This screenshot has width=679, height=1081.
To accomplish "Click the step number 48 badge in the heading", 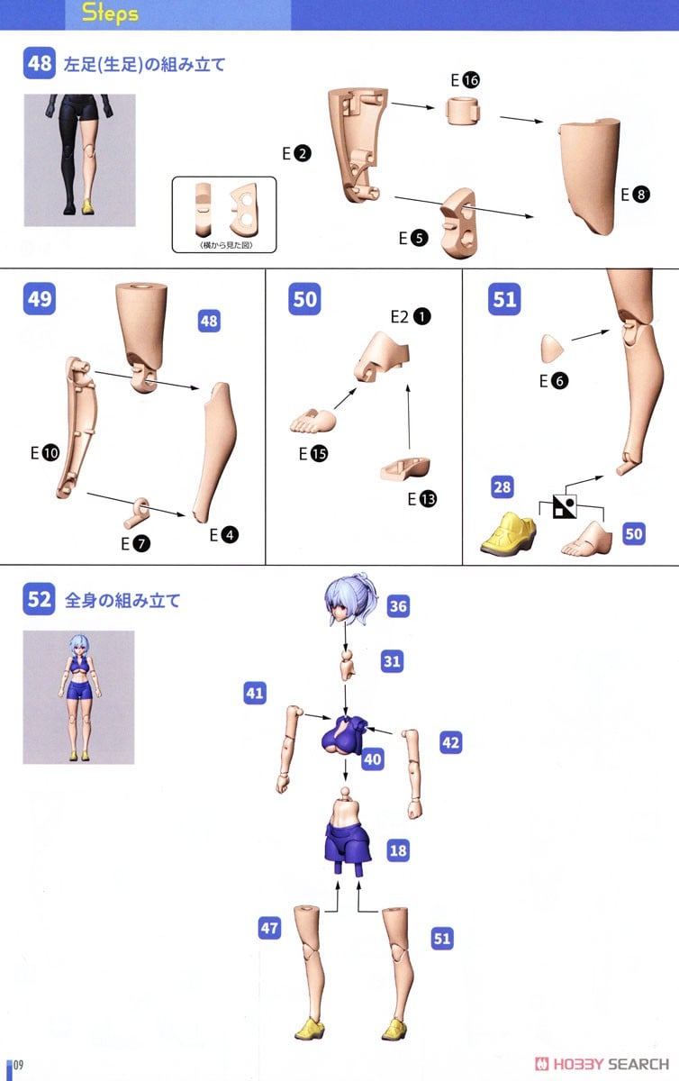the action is pos(39,63).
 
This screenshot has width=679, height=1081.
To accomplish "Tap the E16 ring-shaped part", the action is pos(463,111).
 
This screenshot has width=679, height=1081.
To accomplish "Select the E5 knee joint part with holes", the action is pos(459,223).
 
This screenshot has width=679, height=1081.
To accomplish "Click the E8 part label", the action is pos(635,195).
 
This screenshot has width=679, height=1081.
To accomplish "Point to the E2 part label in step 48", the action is pos(296,153).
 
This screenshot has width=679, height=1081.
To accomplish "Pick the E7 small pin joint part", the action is pos(137,513).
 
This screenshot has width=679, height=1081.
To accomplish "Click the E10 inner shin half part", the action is pos(77,427).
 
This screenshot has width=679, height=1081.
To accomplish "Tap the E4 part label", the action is pos(224,535).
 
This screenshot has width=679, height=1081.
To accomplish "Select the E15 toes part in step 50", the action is pos(313,421).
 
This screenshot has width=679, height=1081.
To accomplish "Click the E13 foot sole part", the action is pos(405,468).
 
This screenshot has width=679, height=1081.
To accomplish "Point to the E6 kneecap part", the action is pos(552,349).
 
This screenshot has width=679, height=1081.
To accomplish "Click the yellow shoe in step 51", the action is pos(508,532).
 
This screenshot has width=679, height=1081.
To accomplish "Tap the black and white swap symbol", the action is pos(565,506).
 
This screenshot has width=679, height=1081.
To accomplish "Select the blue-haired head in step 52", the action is pos(350,598).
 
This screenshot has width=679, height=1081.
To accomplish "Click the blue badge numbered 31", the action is pos(392,660).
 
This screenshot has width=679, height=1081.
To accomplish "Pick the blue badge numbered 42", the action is pos(451,742).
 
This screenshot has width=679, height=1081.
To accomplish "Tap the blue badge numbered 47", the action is pos(269,928).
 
